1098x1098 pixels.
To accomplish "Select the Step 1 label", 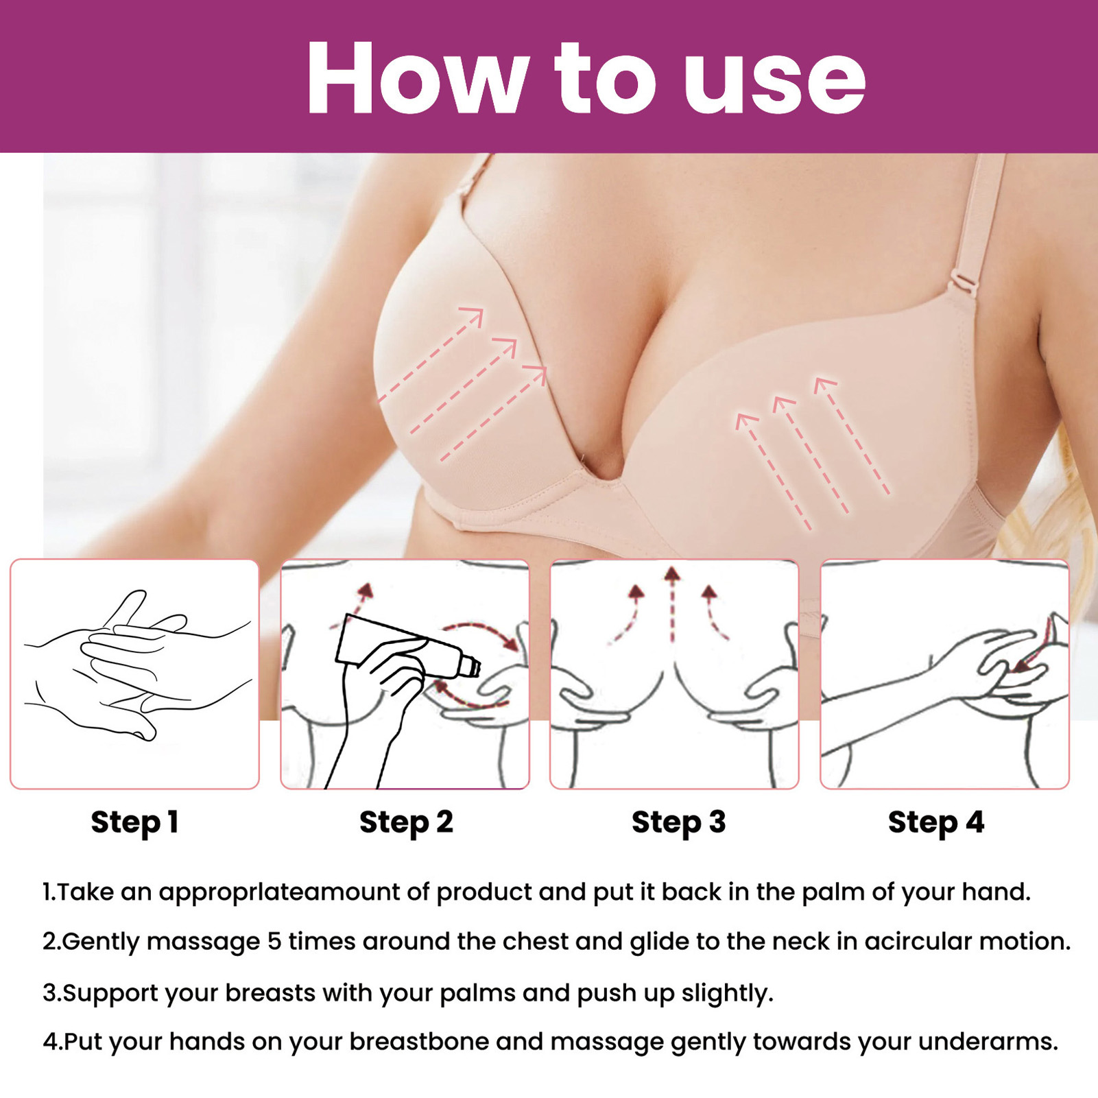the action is [x=134, y=822].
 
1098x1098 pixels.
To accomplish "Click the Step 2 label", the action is [x=406, y=822].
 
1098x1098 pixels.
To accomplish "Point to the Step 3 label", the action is [x=678, y=822].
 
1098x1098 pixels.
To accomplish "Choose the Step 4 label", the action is [x=936, y=822].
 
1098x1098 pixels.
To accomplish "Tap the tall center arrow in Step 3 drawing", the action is [x=673, y=604].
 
